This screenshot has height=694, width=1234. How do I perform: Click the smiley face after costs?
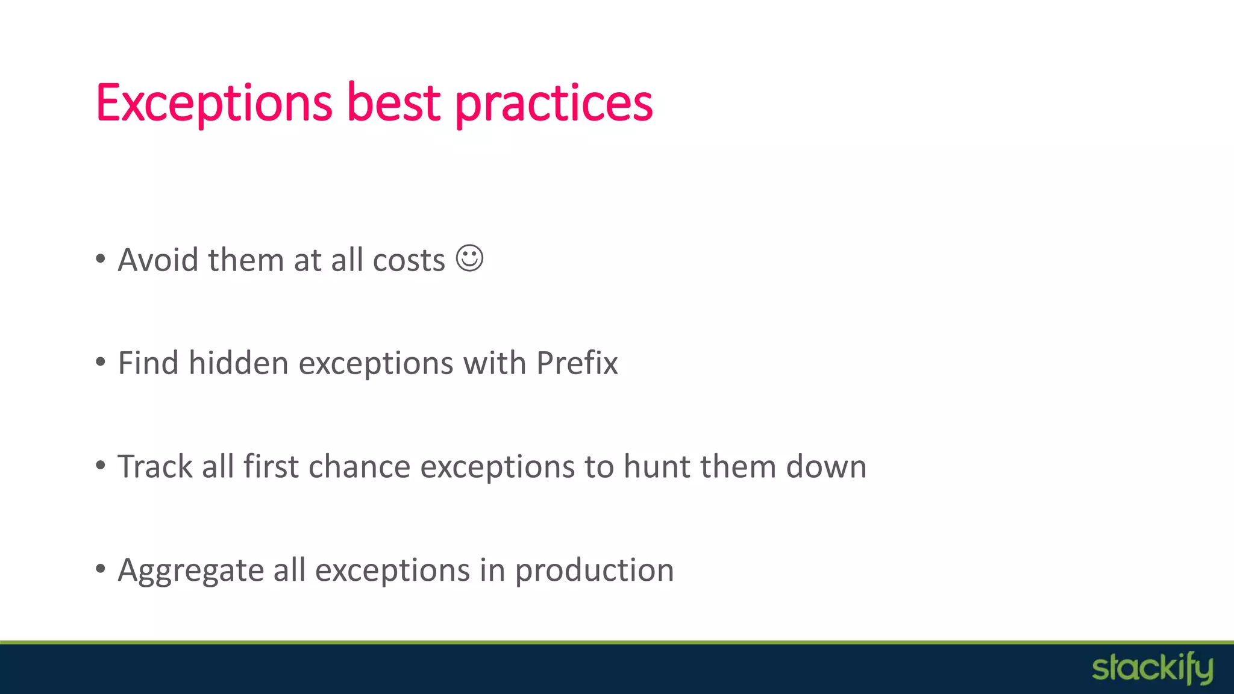(x=469, y=258)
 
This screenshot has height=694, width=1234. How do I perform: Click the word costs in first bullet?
(x=409, y=261)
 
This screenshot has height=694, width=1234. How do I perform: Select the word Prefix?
(x=577, y=363)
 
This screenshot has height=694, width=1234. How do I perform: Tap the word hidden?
(x=239, y=363)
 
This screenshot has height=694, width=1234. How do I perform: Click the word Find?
(x=148, y=363)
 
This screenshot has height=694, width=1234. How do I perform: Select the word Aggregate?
(x=191, y=571)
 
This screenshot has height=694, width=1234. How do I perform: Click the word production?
(x=594, y=571)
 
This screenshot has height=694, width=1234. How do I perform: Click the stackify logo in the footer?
(x=1152, y=669)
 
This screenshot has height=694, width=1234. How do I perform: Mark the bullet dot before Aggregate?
(x=101, y=569)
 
